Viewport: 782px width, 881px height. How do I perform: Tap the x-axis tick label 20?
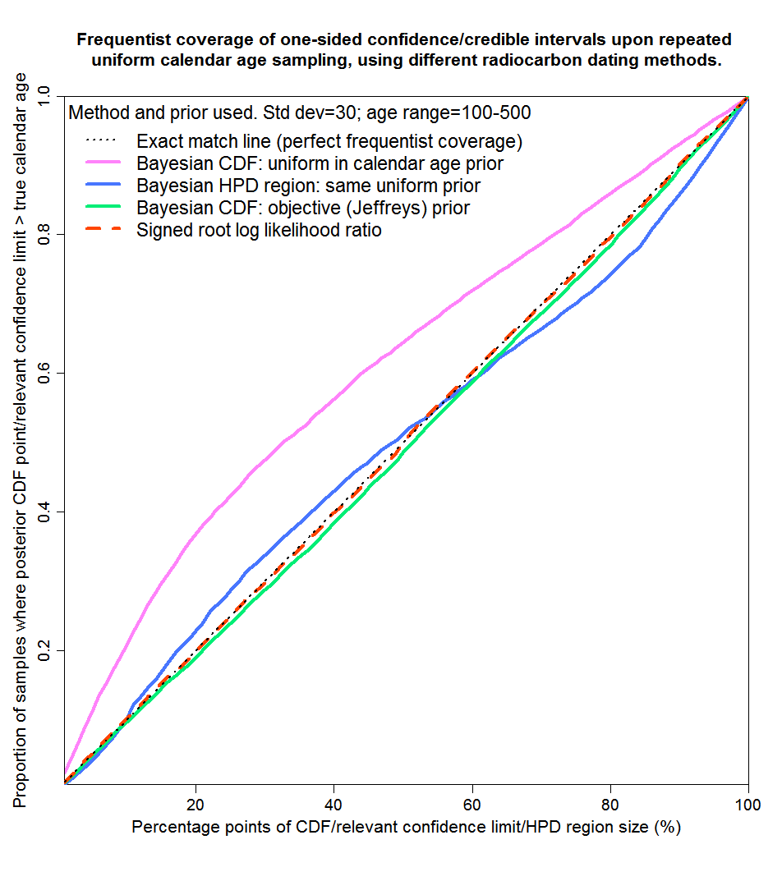[x=195, y=802]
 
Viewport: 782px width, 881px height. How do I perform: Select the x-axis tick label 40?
[x=333, y=802]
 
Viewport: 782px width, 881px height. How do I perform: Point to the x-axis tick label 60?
[x=471, y=802]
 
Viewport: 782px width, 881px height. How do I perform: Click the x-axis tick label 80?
[x=610, y=802]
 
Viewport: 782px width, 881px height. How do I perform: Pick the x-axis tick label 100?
[x=747, y=802]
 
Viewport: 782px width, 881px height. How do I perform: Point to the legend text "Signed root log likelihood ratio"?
[x=259, y=231]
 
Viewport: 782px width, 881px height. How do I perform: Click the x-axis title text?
[x=406, y=827]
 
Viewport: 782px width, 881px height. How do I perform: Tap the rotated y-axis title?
[x=21, y=439]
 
